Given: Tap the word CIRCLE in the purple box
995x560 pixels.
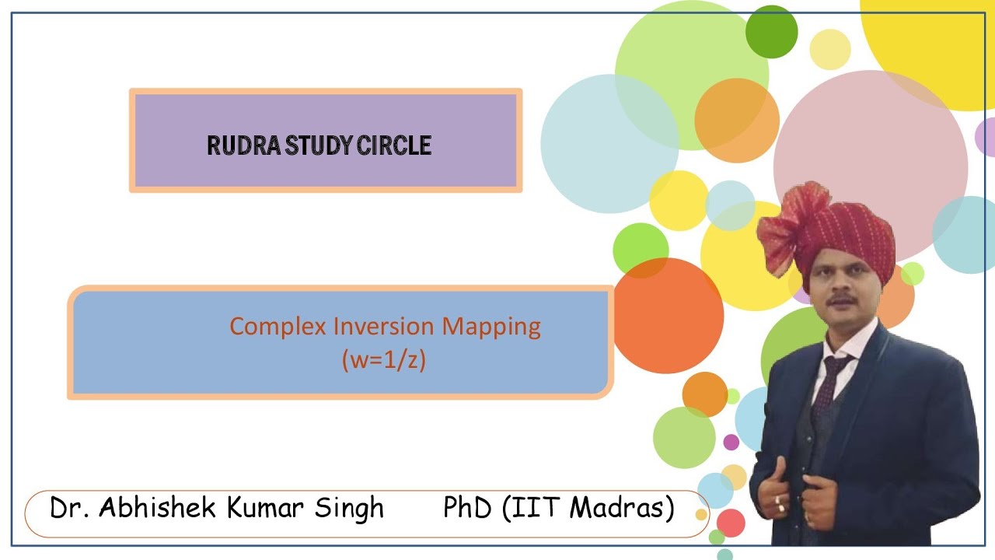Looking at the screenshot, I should click(394, 145).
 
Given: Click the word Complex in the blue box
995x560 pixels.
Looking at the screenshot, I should click(278, 326).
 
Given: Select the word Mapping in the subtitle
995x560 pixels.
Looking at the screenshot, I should click(491, 326).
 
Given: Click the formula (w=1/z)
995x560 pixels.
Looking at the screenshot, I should click(384, 360).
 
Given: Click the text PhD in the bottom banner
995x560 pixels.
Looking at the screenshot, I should click(468, 508).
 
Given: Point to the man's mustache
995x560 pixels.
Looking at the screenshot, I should click(842, 299).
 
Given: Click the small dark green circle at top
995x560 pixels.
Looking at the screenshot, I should click(771, 31).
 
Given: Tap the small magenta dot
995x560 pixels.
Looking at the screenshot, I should click(731, 442).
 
